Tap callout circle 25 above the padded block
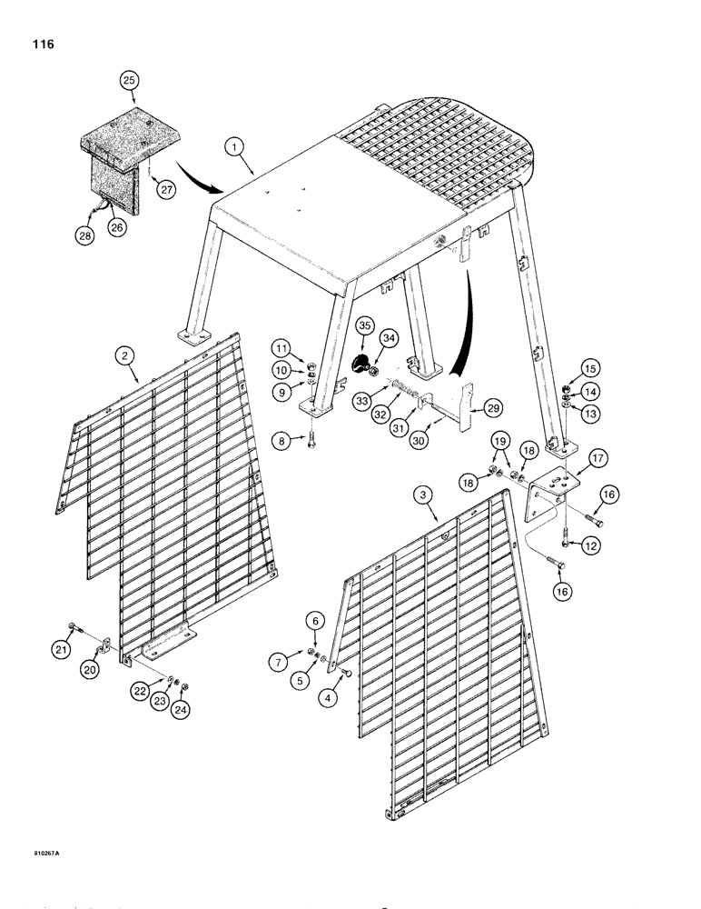(130, 81)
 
